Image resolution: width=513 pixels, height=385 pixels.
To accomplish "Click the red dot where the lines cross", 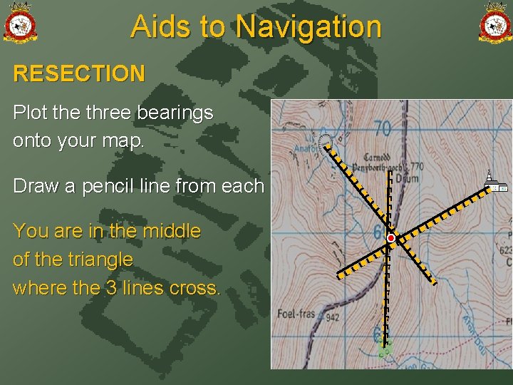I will click(391, 237).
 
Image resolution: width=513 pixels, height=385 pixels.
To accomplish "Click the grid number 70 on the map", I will click(383, 129).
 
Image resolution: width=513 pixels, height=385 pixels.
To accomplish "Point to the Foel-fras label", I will click(296, 313).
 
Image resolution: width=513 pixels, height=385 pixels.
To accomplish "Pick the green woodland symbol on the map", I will click(385, 348).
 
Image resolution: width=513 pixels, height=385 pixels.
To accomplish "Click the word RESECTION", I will click(79, 73).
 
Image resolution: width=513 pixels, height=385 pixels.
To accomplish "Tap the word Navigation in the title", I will click(309, 27).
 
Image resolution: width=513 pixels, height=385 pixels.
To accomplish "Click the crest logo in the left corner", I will click(19, 22).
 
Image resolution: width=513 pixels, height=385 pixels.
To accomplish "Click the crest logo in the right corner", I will click(494, 22).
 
